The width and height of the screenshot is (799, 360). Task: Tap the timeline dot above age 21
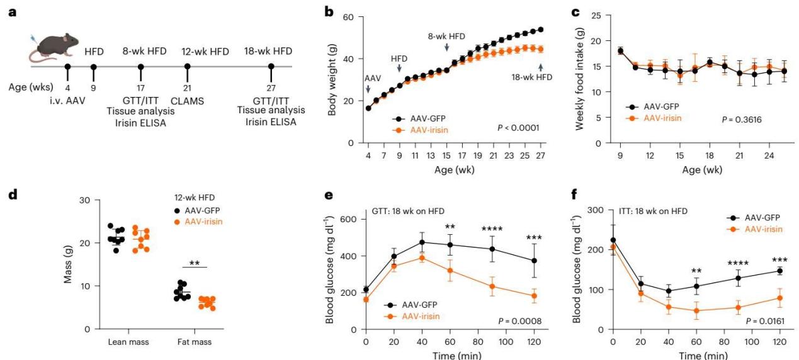point(186,66)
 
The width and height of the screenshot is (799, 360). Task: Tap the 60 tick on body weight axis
point(354,16)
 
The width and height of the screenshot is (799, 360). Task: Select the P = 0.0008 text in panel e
point(518,322)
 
